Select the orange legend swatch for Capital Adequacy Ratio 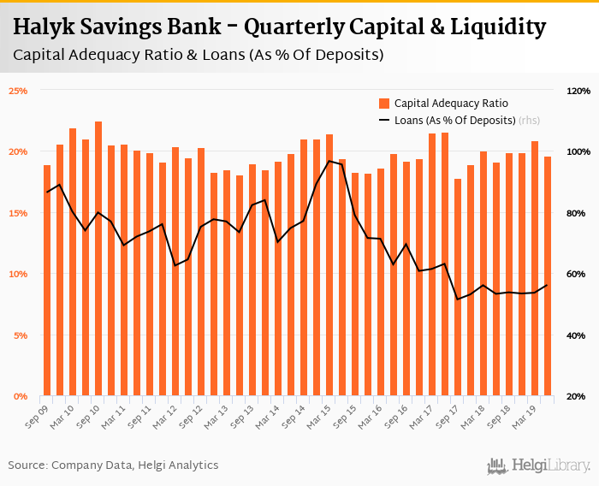point(384,104)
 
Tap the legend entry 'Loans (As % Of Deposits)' point(454,121)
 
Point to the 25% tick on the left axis point(19,91)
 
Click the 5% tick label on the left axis point(21,335)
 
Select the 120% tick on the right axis point(578,91)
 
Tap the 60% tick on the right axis point(578,274)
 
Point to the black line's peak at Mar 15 point(329,161)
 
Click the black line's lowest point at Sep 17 point(458,299)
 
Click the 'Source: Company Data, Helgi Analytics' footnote point(113,465)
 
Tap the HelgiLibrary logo point(539,465)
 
